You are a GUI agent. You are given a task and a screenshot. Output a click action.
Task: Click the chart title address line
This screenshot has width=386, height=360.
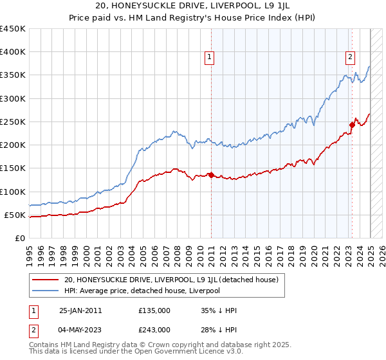click(x=193, y=6)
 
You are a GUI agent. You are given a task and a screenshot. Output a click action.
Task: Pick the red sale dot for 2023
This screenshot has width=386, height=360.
click(x=353, y=125)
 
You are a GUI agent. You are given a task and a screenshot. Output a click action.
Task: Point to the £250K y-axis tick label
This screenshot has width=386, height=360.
click(x=13, y=122)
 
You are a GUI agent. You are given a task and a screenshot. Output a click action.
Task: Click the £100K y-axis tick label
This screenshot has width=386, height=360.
click(x=13, y=192)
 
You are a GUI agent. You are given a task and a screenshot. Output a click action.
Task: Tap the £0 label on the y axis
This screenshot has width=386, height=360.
click(x=19, y=238)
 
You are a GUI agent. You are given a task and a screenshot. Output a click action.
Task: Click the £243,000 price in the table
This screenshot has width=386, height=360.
click(x=154, y=330)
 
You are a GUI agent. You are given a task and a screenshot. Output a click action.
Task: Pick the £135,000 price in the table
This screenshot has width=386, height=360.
click(x=154, y=310)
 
